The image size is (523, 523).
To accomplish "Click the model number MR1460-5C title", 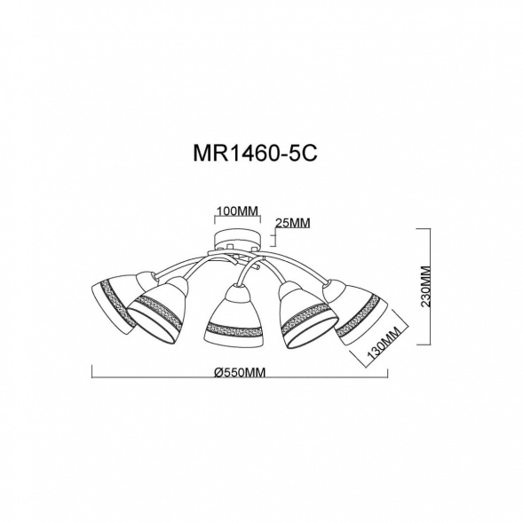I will coord(260,152).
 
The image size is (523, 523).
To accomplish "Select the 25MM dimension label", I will coord(293,222).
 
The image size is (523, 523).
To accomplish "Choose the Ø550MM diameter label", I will coord(242,374).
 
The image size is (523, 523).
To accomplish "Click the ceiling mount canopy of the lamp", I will coord(237,240).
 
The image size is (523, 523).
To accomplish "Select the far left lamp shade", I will coord(113,302).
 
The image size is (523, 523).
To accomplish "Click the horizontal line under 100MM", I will coord(237,219).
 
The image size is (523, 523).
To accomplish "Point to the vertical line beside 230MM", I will coord(431,286).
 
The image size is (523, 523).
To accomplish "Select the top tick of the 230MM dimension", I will coord(431,229).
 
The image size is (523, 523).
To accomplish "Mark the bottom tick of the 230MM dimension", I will coord(431,344).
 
